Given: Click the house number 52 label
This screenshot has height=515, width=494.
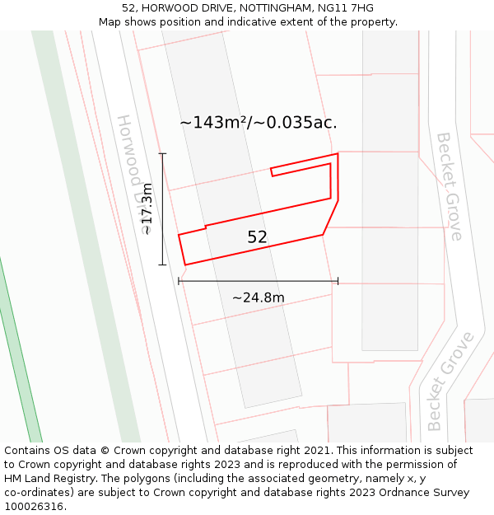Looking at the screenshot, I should [x=257, y=237].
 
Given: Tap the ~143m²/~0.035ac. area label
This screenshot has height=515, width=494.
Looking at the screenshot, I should [x=259, y=123].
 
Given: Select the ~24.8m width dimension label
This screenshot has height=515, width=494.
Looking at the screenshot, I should [x=258, y=297].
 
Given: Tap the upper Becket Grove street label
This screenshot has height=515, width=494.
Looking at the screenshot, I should [x=449, y=185].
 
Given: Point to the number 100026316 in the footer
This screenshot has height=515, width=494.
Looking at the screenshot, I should [x=33, y=507].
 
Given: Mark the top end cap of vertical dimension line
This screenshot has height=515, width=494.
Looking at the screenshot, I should [x=162, y=154].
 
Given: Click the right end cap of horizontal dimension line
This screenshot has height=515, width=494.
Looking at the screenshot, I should [x=338, y=282].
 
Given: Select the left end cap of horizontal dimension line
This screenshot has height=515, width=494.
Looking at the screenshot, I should [x=179, y=282].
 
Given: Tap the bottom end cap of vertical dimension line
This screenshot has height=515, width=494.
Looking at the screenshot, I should [x=162, y=265].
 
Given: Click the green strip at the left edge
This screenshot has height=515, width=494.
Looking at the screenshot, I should [x=20, y=371].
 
